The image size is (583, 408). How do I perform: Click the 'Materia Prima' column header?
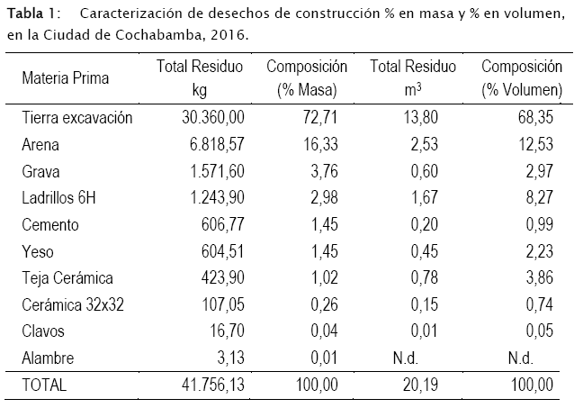pyautogui.click(x=66, y=78)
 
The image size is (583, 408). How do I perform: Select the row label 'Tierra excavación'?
pyautogui.click(x=77, y=118)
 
